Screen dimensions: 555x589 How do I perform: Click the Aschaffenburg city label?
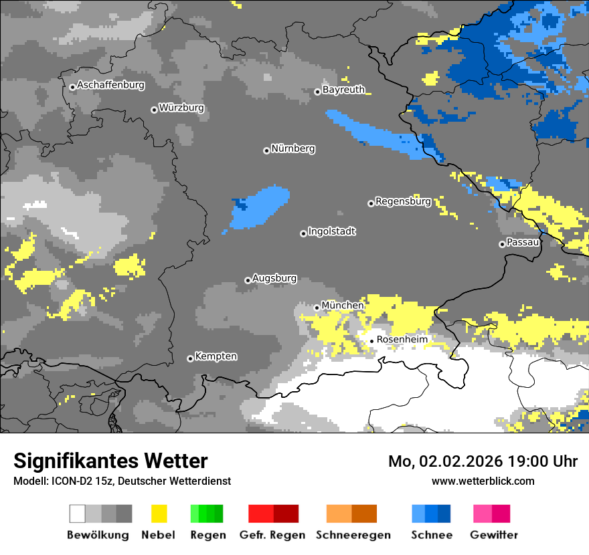point(110,86)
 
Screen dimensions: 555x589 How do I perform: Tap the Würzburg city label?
point(181,108)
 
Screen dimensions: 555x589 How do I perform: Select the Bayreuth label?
point(343,90)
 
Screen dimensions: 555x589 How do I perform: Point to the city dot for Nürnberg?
point(266,150)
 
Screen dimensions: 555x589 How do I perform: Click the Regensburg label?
point(403,201)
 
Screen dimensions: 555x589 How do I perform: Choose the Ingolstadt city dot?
point(303,233)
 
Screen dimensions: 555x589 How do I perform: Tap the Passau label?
point(523,242)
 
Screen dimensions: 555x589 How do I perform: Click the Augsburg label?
point(274,278)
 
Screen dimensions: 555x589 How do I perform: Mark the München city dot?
point(317,308)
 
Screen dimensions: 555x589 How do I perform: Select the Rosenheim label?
point(402,340)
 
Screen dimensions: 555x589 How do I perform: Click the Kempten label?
point(216,356)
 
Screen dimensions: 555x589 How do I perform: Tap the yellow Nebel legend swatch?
point(159,514)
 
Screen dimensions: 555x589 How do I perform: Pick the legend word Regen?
point(206,535)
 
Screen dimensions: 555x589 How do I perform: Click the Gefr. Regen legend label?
point(272,535)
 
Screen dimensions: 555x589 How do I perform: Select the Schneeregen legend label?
point(351,535)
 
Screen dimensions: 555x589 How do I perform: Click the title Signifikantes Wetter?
point(110,461)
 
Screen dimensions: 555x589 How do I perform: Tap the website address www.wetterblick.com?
point(483,481)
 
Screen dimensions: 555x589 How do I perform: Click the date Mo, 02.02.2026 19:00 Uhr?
point(483,461)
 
